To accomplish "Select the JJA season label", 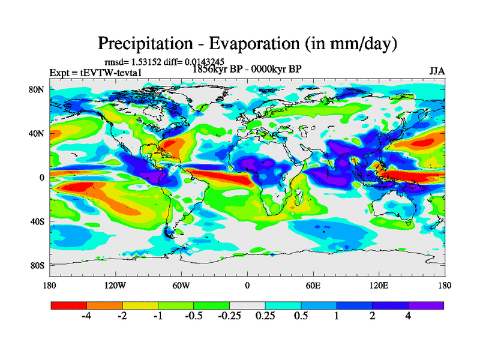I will point(437,71).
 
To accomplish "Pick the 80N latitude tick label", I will point(37,89).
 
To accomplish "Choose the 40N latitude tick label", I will point(37,133).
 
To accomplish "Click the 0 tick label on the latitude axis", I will point(43,177).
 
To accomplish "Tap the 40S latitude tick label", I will point(37,221).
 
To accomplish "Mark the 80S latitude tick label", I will point(37,265).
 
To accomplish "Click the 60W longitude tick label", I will point(181,285).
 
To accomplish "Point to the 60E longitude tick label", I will point(313,285).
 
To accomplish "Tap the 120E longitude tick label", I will point(379,285).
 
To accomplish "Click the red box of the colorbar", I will point(68,305).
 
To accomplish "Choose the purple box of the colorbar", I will point(426,305).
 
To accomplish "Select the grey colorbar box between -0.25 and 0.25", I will point(247,305).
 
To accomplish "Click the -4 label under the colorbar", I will point(86,317).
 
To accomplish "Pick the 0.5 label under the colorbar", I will point(301,317).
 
